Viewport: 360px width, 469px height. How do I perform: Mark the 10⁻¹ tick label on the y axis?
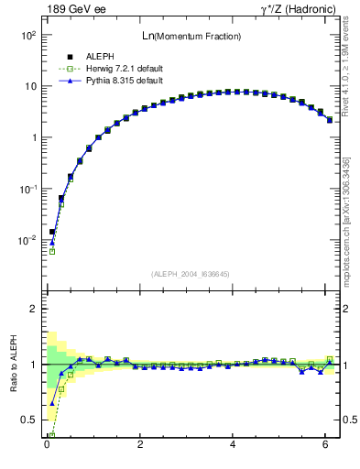pos(28,189)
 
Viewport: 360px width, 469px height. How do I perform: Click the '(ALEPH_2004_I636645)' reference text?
pos(191,273)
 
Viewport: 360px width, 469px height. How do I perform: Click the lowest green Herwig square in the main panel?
pos(52,251)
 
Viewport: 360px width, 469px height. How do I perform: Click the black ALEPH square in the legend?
pos(70,57)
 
